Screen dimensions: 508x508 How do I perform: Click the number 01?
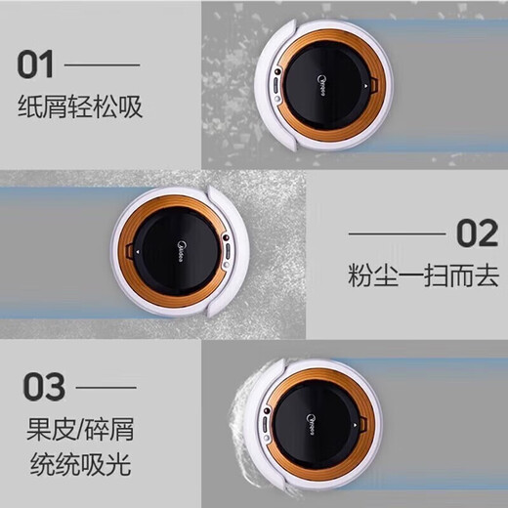(x=38, y=65)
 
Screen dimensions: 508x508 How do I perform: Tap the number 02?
(x=478, y=235)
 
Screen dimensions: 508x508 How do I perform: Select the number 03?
(x=42, y=386)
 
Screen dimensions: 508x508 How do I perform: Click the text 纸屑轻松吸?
(x=80, y=106)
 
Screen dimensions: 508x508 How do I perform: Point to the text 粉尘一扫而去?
(x=423, y=275)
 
